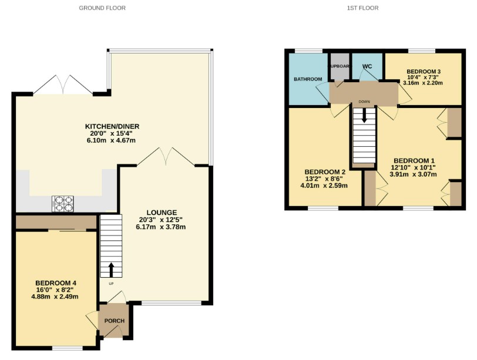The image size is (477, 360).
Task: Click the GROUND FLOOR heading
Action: click(x=102, y=8)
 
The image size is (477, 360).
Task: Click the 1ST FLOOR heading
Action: click(x=364, y=8)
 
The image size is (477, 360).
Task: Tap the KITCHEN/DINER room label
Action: click(x=112, y=126)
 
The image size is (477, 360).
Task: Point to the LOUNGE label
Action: click(x=162, y=211)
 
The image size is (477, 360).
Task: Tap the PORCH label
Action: click(x=115, y=320)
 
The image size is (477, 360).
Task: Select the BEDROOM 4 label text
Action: click(x=56, y=282)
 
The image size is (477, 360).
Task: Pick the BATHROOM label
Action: click(x=308, y=79)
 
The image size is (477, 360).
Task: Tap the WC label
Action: click(x=368, y=66)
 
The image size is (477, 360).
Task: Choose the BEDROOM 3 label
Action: click(x=423, y=71)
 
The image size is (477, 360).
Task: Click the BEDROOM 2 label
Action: click(x=324, y=171)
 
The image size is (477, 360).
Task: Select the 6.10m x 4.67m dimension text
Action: click(x=112, y=140)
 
